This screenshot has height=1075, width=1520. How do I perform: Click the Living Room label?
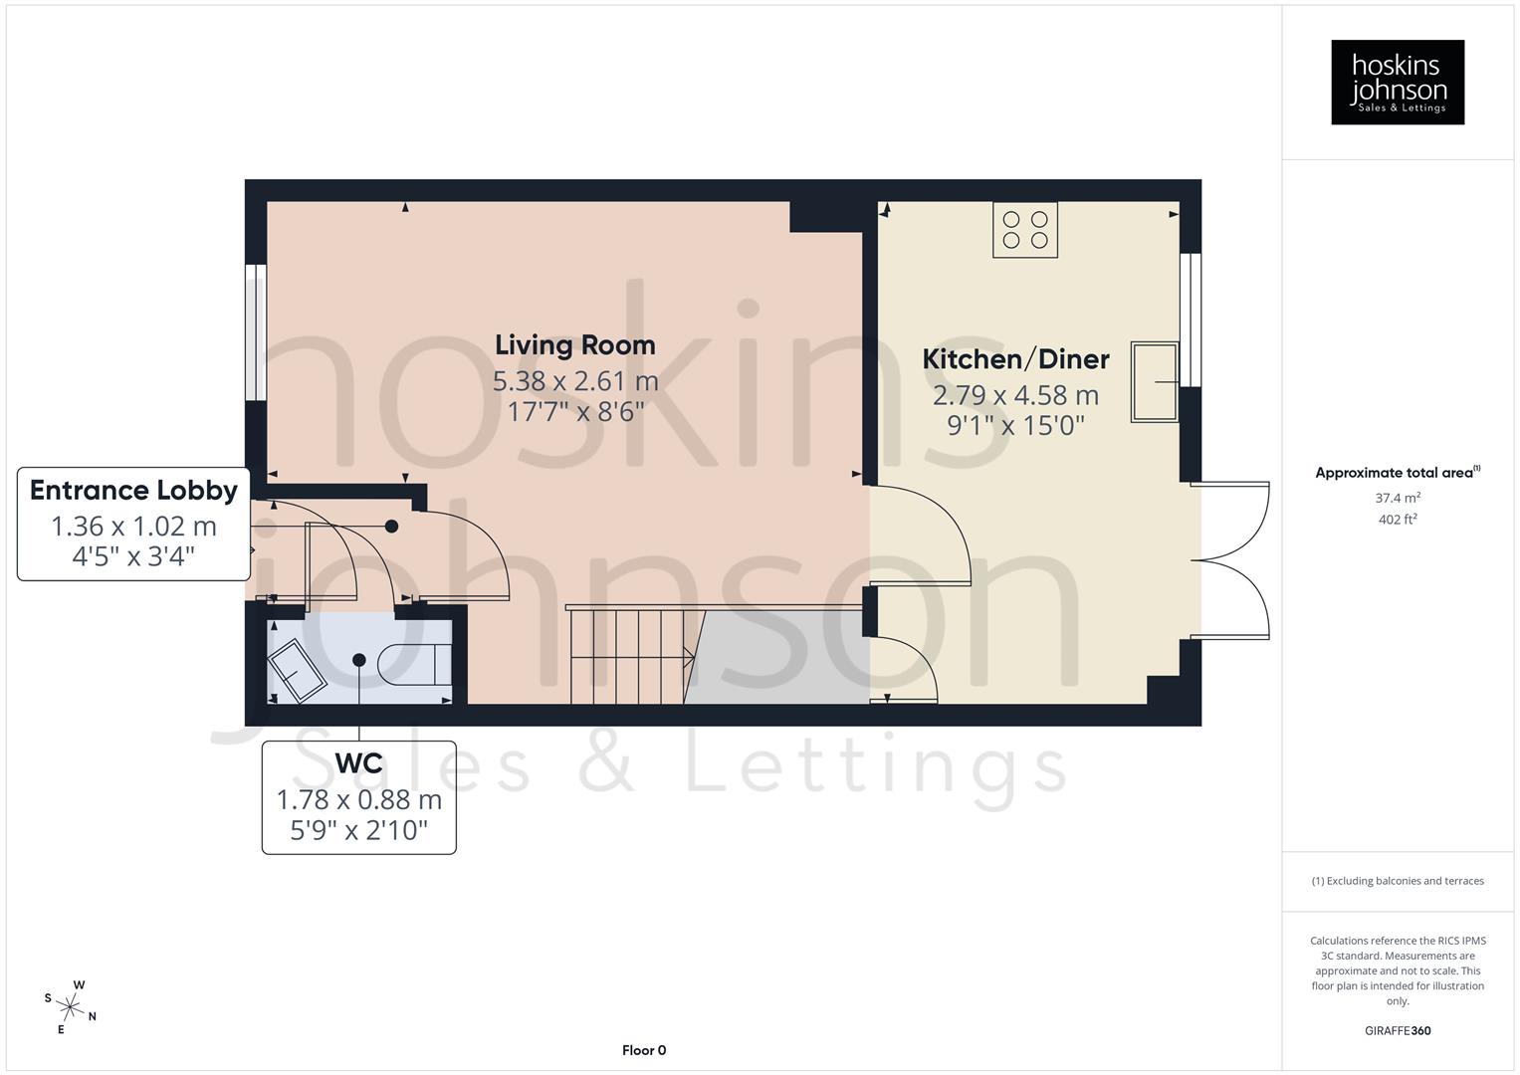click(x=575, y=345)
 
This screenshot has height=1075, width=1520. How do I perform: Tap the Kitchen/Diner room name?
click(x=1015, y=358)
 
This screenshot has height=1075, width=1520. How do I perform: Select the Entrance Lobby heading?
click(x=133, y=490)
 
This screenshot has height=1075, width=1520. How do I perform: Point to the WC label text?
click(x=358, y=763)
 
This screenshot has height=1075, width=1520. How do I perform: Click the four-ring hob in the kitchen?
click(x=1025, y=230)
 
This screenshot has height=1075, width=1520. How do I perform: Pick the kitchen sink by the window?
click(x=1154, y=382)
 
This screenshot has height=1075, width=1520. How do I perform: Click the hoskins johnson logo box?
click(x=1398, y=83)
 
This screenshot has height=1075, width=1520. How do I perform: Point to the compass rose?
click(x=70, y=1006)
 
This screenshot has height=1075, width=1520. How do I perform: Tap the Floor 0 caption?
click(x=644, y=1050)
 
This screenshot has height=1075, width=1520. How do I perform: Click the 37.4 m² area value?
click(x=1398, y=498)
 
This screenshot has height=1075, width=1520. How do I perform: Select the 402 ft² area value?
click(x=1398, y=520)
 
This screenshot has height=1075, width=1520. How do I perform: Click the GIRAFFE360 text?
click(x=1398, y=1031)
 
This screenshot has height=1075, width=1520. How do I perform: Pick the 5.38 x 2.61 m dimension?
click(x=575, y=381)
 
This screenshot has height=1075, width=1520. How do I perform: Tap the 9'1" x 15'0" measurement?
click(x=1015, y=425)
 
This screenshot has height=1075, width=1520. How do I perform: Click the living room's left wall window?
click(x=256, y=331)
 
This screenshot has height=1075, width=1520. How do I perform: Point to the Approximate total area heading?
click(x=1397, y=473)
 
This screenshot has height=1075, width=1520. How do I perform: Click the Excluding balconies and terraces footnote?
click(x=1398, y=881)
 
